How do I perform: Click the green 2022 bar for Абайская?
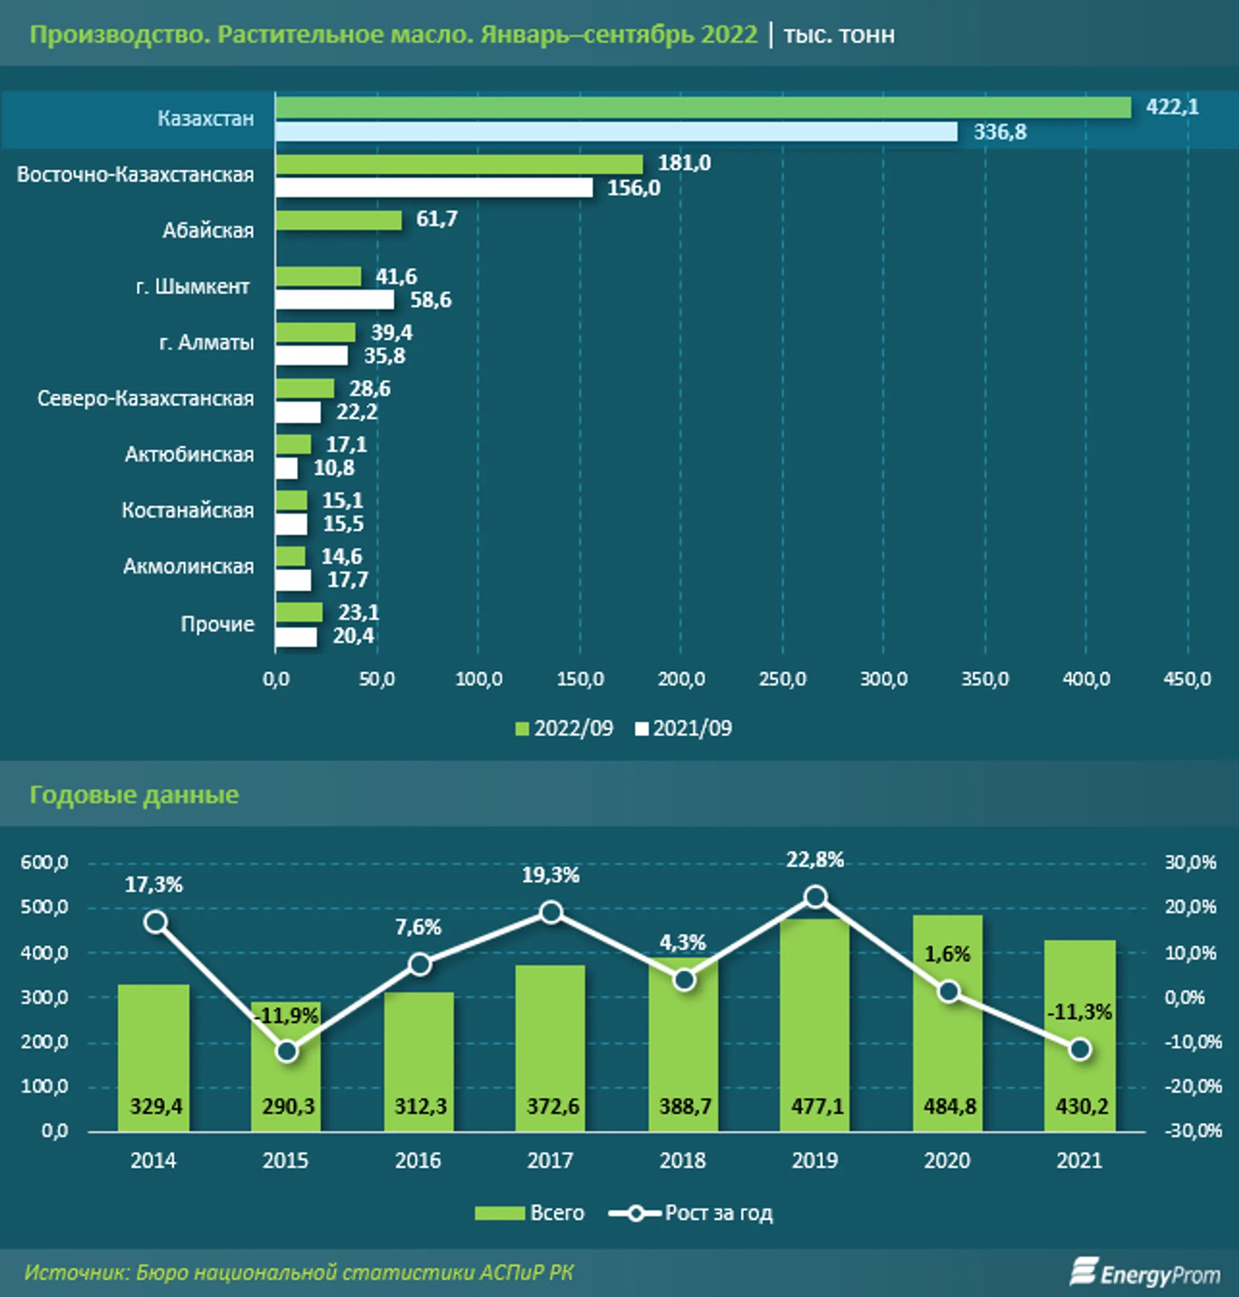339,221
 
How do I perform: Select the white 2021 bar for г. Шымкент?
335,300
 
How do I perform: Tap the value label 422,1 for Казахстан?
1172,106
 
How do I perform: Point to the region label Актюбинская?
189,454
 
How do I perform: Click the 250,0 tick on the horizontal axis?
782,679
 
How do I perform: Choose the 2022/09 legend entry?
564,729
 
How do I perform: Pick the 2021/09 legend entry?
684,729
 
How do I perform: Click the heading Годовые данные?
134,794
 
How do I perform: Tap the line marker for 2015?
287,1051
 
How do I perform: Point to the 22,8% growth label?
815,860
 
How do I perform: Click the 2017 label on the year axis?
550,1160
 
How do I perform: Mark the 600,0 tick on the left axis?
44,862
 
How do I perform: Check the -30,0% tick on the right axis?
1193,1131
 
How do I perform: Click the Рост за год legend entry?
691,1213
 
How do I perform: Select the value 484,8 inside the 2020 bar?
949,1106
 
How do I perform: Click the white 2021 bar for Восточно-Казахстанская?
434,188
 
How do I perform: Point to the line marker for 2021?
1080,1049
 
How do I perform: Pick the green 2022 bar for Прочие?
299,612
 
